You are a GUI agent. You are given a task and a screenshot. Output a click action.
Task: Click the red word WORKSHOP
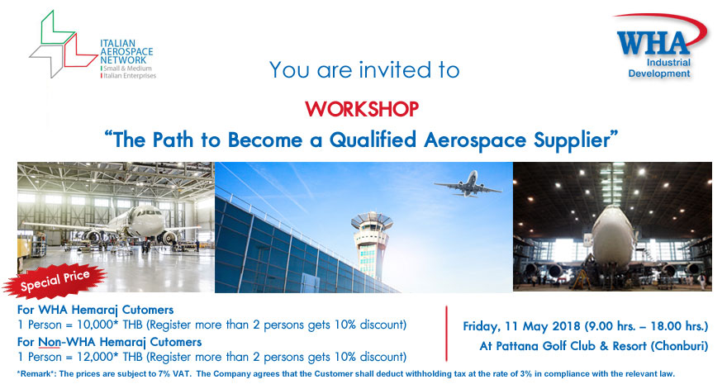[362, 109]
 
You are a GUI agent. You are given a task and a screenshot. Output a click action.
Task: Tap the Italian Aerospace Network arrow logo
[63, 45]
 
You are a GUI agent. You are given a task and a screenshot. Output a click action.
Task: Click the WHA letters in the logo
[653, 44]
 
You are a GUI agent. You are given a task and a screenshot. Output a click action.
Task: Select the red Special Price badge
[55, 280]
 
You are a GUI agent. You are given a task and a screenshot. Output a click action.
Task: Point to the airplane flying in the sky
[468, 185]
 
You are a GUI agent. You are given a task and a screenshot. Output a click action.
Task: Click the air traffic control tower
[372, 245]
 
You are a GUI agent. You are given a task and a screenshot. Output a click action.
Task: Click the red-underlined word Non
[49, 343]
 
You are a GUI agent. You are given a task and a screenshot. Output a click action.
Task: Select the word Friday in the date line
[482, 326]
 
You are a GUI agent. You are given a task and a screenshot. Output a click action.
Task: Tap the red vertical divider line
[446, 333]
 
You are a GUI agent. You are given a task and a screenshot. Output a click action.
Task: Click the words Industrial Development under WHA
[659, 68]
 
